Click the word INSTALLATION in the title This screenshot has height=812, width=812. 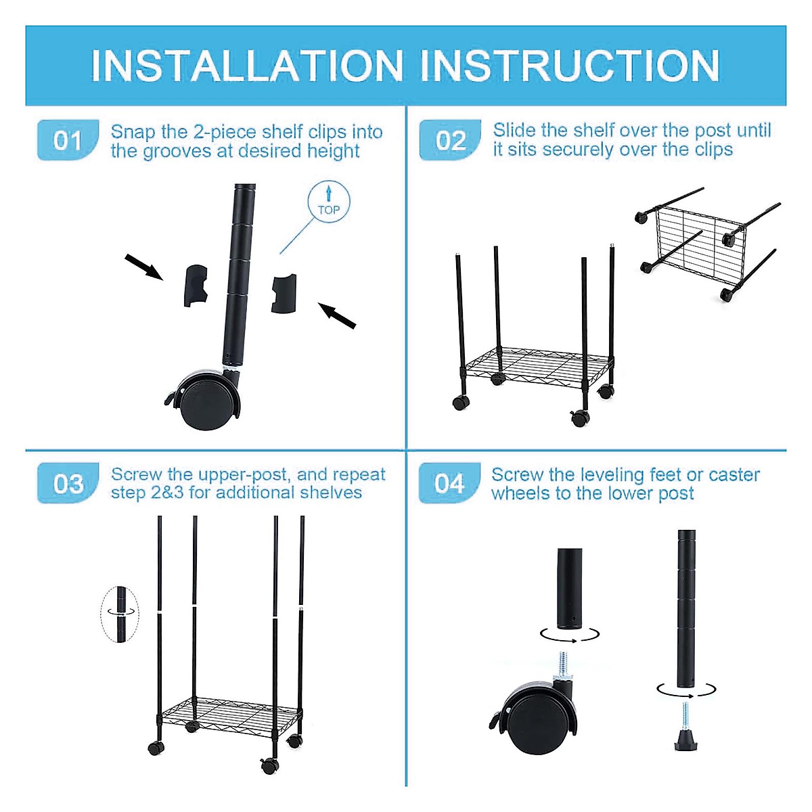(247, 66)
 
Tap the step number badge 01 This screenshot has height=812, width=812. (68, 140)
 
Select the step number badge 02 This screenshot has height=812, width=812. (451, 140)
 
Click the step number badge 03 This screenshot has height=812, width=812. (68, 483)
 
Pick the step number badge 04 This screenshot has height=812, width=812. (450, 483)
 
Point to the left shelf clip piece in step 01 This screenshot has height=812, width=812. (196, 285)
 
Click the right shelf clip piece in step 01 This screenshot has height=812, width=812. (284, 293)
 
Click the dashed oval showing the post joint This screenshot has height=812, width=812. (120, 613)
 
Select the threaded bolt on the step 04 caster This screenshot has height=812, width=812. (563, 666)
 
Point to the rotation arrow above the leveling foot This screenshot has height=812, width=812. (685, 690)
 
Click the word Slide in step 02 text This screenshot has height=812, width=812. (514, 130)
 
